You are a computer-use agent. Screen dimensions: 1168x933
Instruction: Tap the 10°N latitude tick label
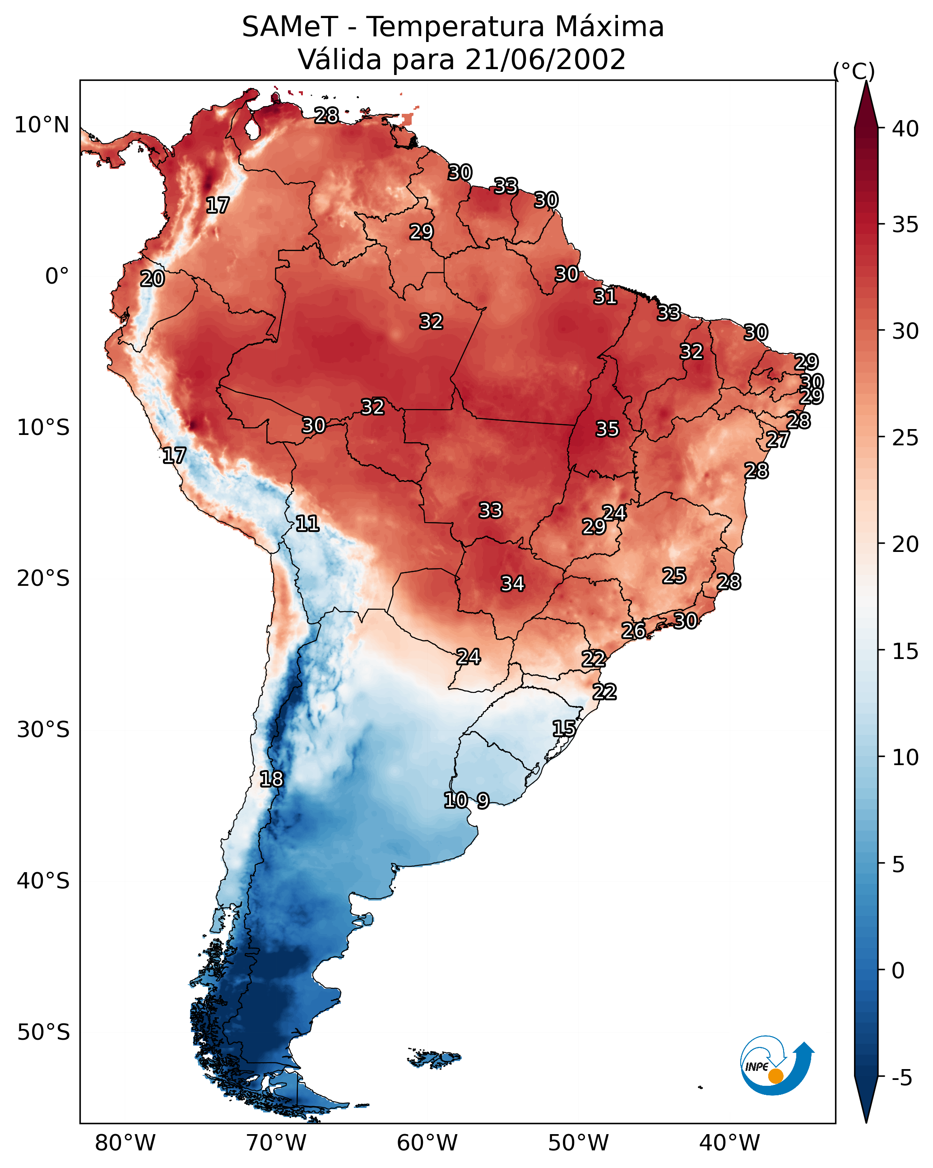click(42, 125)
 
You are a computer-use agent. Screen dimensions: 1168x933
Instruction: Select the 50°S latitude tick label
click(43, 1033)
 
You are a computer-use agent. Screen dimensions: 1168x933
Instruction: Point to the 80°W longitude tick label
click(125, 1143)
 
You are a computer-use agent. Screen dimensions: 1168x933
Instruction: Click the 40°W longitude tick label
click(729, 1143)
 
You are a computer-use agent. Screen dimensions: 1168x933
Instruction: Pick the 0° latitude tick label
click(57, 276)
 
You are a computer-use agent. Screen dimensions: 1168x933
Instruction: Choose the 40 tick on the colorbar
click(905, 129)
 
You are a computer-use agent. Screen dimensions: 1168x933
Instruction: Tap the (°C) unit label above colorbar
click(854, 71)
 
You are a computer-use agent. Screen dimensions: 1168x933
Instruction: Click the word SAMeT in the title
click(290, 27)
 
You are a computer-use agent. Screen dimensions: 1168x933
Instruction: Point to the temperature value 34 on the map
click(512, 584)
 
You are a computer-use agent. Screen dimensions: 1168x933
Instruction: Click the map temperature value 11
click(307, 523)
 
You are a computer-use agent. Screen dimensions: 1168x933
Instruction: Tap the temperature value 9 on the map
click(483, 801)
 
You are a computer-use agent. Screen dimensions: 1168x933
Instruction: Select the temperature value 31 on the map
click(605, 297)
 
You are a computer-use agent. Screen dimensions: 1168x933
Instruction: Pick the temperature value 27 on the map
click(778, 440)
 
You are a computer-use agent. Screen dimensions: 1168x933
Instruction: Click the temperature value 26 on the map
click(633, 631)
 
